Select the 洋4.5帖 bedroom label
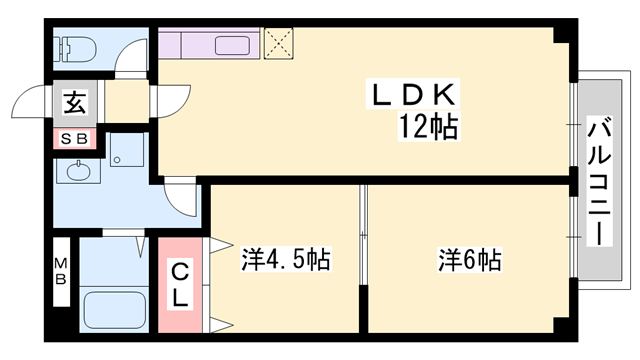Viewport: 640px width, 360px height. [285, 261]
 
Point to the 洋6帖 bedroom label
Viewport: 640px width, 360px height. [469, 261]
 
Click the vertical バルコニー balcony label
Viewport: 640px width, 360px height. [599, 180]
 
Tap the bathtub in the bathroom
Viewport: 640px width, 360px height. [114, 309]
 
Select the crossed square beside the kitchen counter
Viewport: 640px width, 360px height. [277, 42]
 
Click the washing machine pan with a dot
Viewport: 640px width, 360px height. [127, 158]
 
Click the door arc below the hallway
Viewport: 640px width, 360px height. [182, 200]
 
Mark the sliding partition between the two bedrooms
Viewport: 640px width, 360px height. [364, 260]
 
